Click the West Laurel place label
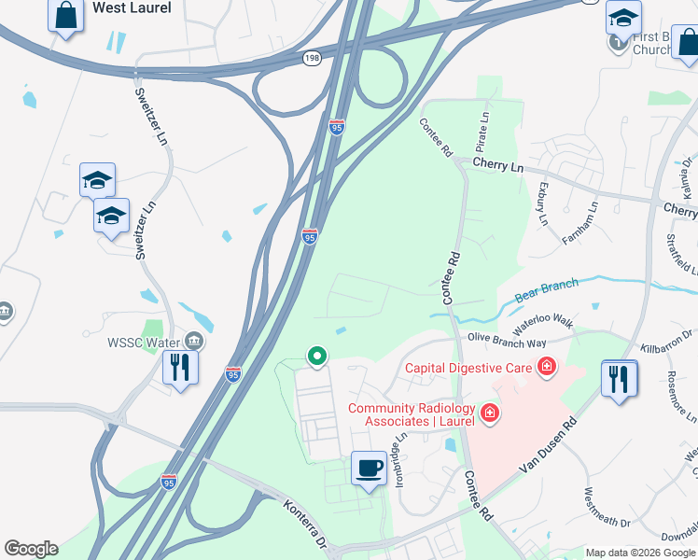click(x=131, y=8)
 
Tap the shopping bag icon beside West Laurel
click(x=65, y=16)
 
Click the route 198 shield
click(x=312, y=58)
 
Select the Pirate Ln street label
click(x=483, y=133)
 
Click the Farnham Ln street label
click(x=579, y=224)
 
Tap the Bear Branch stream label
click(x=545, y=288)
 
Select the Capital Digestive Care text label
click(x=468, y=367)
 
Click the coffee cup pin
click(x=370, y=468)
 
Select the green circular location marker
click(x=317, y=356)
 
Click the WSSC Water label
click(x=149, y=342)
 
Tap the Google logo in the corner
click(x=31, y=549)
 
